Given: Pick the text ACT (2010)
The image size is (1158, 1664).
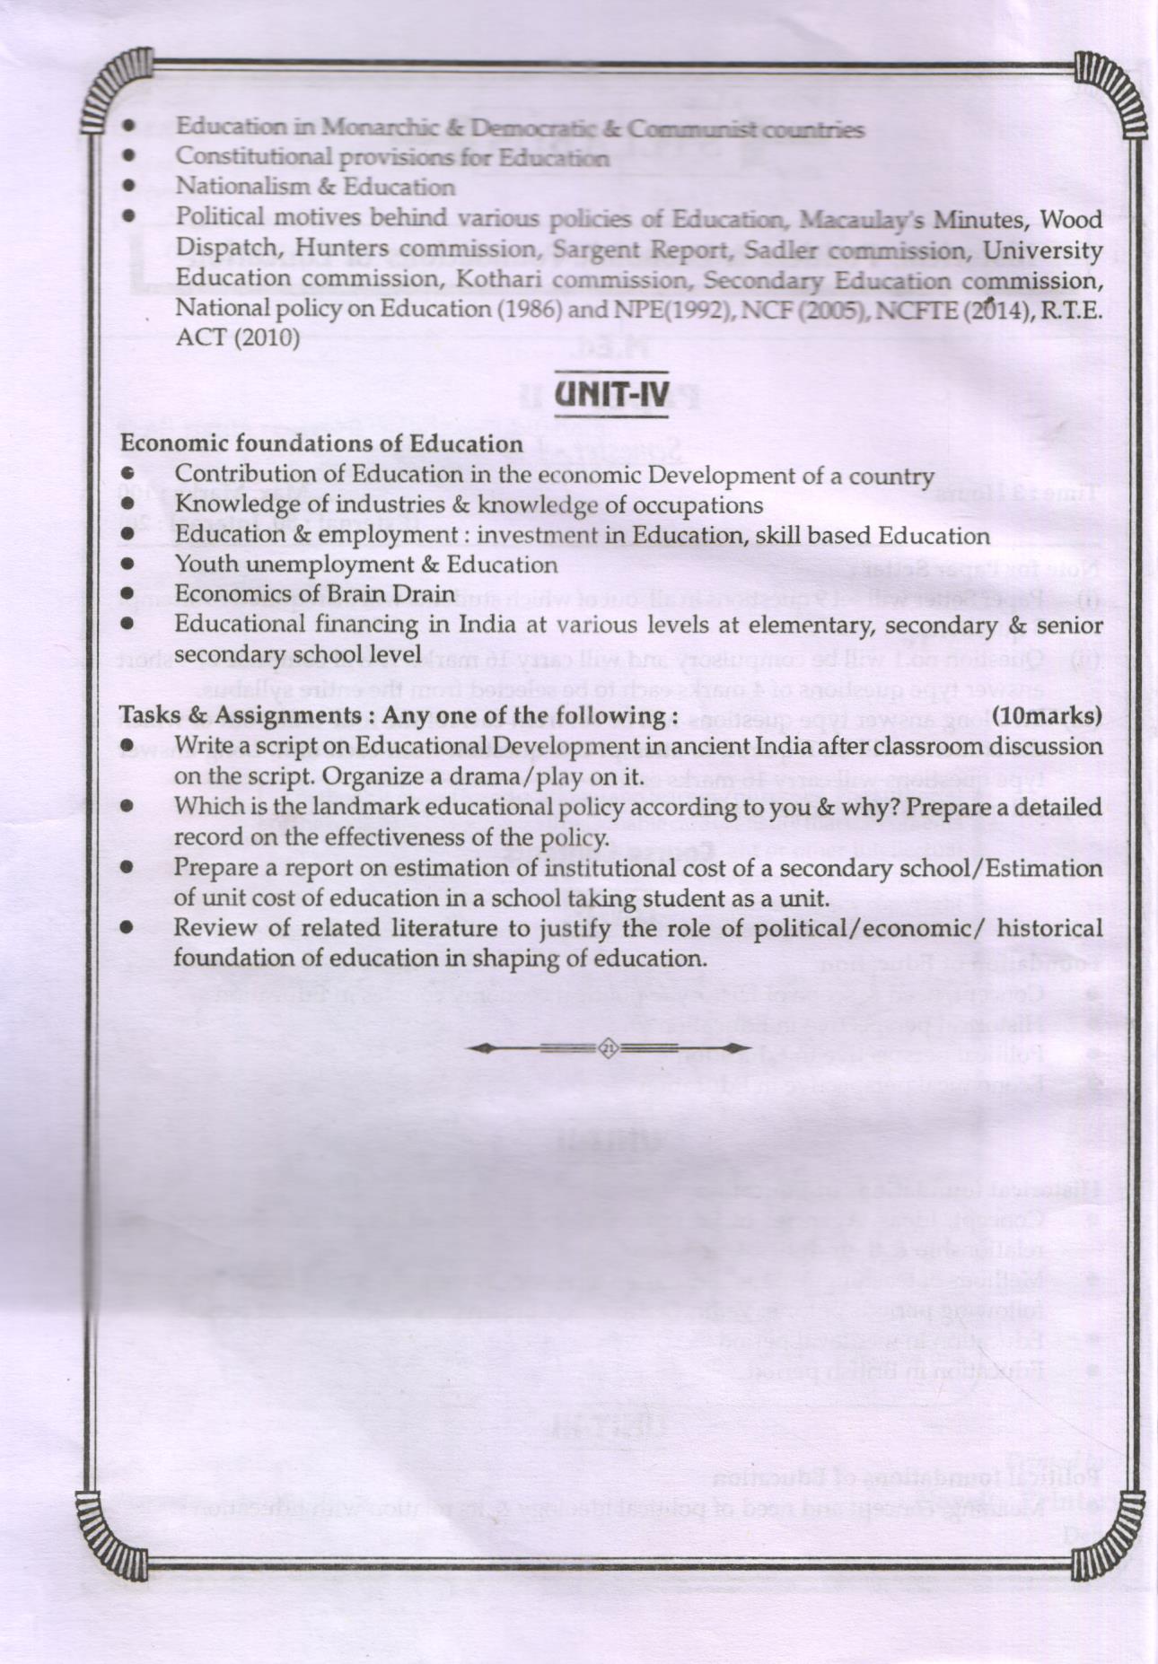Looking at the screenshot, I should pyautogui.click(x=237, y=337).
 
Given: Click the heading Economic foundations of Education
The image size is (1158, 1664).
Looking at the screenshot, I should pyautogui.click(x=321, y=443).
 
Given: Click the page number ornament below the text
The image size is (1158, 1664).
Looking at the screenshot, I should pyautogui.click(x=608, y=1048).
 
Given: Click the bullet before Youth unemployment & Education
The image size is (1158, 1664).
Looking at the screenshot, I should pyautogui.click(x=127, y=565).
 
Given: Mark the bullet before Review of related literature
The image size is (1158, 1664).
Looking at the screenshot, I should pyautogui.click(x=127, y=927).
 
